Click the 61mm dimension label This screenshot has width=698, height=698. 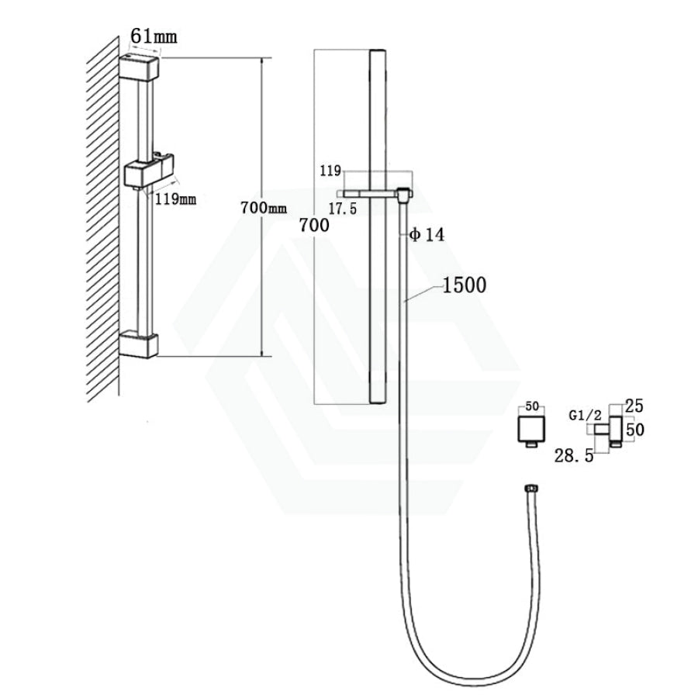tap(154, 36)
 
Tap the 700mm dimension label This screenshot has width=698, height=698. tap(264, 207)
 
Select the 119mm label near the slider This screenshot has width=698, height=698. tap(175, 199)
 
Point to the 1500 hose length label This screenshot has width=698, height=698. tap(465, 285)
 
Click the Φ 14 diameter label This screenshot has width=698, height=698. tap(427, 234)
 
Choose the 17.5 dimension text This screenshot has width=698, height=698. tap(343, 209)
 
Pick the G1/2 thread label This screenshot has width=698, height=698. tap(585, 416)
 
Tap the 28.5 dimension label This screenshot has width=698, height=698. tap(574, 455)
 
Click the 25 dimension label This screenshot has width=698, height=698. tap(634, 406)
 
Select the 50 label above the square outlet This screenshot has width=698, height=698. tap(532, 406)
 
